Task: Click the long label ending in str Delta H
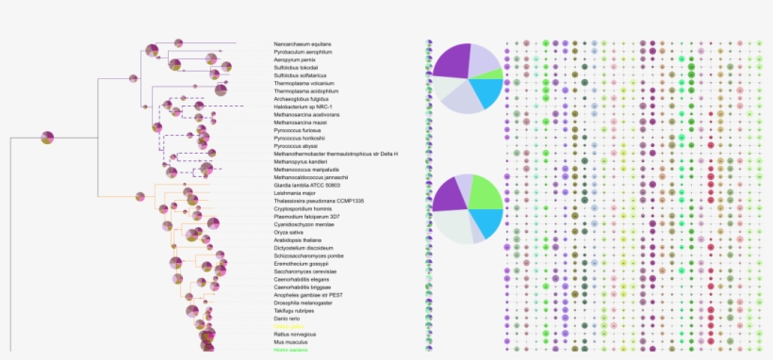coord(322,154)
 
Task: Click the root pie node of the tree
coord(47,138)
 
